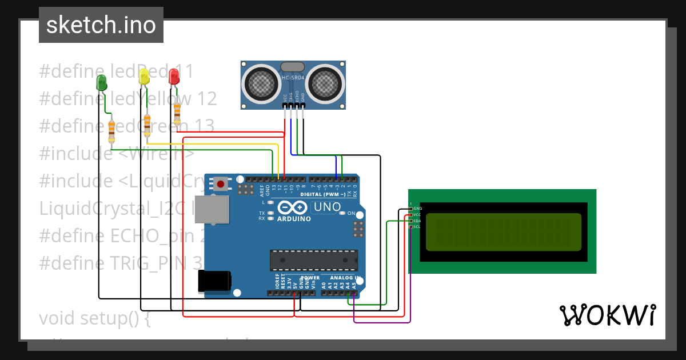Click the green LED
tap(102, 82)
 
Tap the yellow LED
tap(144, 76)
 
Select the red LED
tap(174, 75)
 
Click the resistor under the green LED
tap(111, 131)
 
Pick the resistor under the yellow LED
tap(147, 125)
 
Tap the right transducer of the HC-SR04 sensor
tap(325, 84)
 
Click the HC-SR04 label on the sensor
tap(293, 78)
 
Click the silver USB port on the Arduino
tap(217, 209)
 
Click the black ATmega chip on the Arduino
tap(314, 260)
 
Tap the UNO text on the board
tap(328, 207)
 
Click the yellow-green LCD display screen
tap(503, 232)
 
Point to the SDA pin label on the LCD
tap(417, 221)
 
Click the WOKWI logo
tap(607, 315)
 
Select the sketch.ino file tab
tap(101, 25)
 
